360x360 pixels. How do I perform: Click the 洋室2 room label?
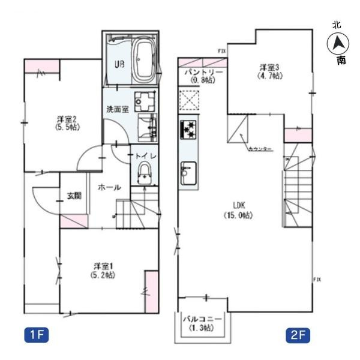point(65,123)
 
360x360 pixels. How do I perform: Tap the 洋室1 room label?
point(104,269)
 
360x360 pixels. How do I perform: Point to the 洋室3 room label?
point(270,72)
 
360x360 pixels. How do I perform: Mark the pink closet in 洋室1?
point(151,290)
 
